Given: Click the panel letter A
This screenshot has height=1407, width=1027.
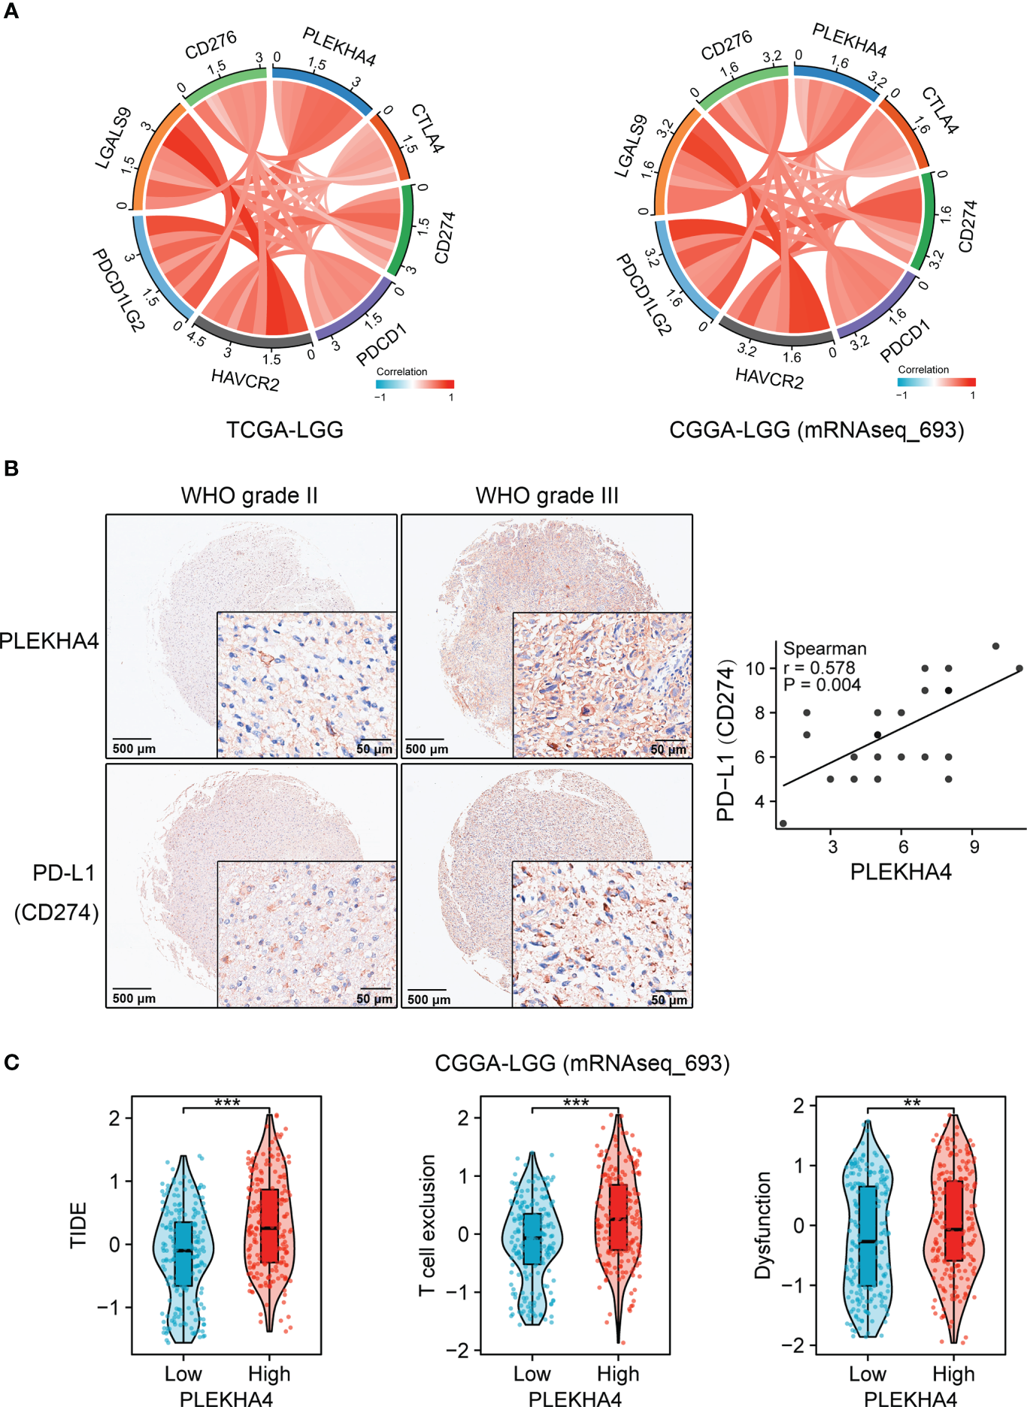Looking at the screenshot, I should [11, 11].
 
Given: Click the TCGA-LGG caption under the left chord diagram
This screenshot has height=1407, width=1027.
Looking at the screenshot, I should [284, 430].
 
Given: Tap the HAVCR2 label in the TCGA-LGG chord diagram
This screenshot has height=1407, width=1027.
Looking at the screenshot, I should [245, 380].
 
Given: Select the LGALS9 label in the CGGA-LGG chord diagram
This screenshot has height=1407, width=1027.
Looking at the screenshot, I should [631, 147].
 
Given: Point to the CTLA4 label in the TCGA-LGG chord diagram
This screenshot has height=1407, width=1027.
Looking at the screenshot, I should [427, 129].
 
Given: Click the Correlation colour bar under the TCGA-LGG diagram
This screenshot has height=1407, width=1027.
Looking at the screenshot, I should [415, 384].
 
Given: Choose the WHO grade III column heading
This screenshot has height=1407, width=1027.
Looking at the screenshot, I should [547, 496].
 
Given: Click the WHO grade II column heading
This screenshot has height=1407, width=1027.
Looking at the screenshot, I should [249, 496].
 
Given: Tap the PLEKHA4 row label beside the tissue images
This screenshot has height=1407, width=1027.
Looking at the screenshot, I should [49, 641].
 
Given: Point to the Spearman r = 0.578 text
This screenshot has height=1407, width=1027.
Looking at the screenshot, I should [819, 667].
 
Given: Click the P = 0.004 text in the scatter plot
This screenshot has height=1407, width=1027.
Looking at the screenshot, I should [822, 685].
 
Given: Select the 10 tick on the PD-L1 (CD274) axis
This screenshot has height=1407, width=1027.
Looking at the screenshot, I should [755, 668].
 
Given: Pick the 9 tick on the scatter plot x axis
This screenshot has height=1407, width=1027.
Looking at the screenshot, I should [974, 847].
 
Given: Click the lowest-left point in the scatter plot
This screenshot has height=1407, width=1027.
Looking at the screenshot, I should [783, 824].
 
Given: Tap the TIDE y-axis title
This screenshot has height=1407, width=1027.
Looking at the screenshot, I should [79, 1225].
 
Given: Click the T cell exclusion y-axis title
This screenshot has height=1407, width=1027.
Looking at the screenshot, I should [428, 1225].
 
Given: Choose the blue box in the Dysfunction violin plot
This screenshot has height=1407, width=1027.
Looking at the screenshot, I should [868, 1236].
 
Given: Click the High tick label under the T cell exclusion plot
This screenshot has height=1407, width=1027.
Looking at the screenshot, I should [618, 1374].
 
